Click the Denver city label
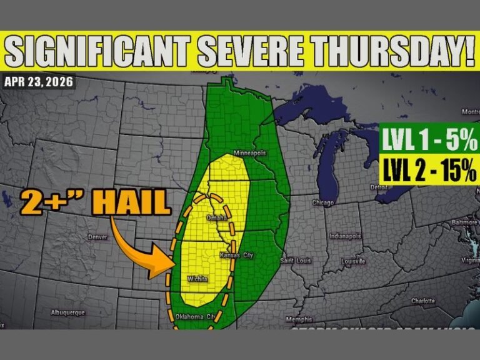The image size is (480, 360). [97, 237]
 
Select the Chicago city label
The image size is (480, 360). [323, 202]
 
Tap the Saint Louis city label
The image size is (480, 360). [295, 260]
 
